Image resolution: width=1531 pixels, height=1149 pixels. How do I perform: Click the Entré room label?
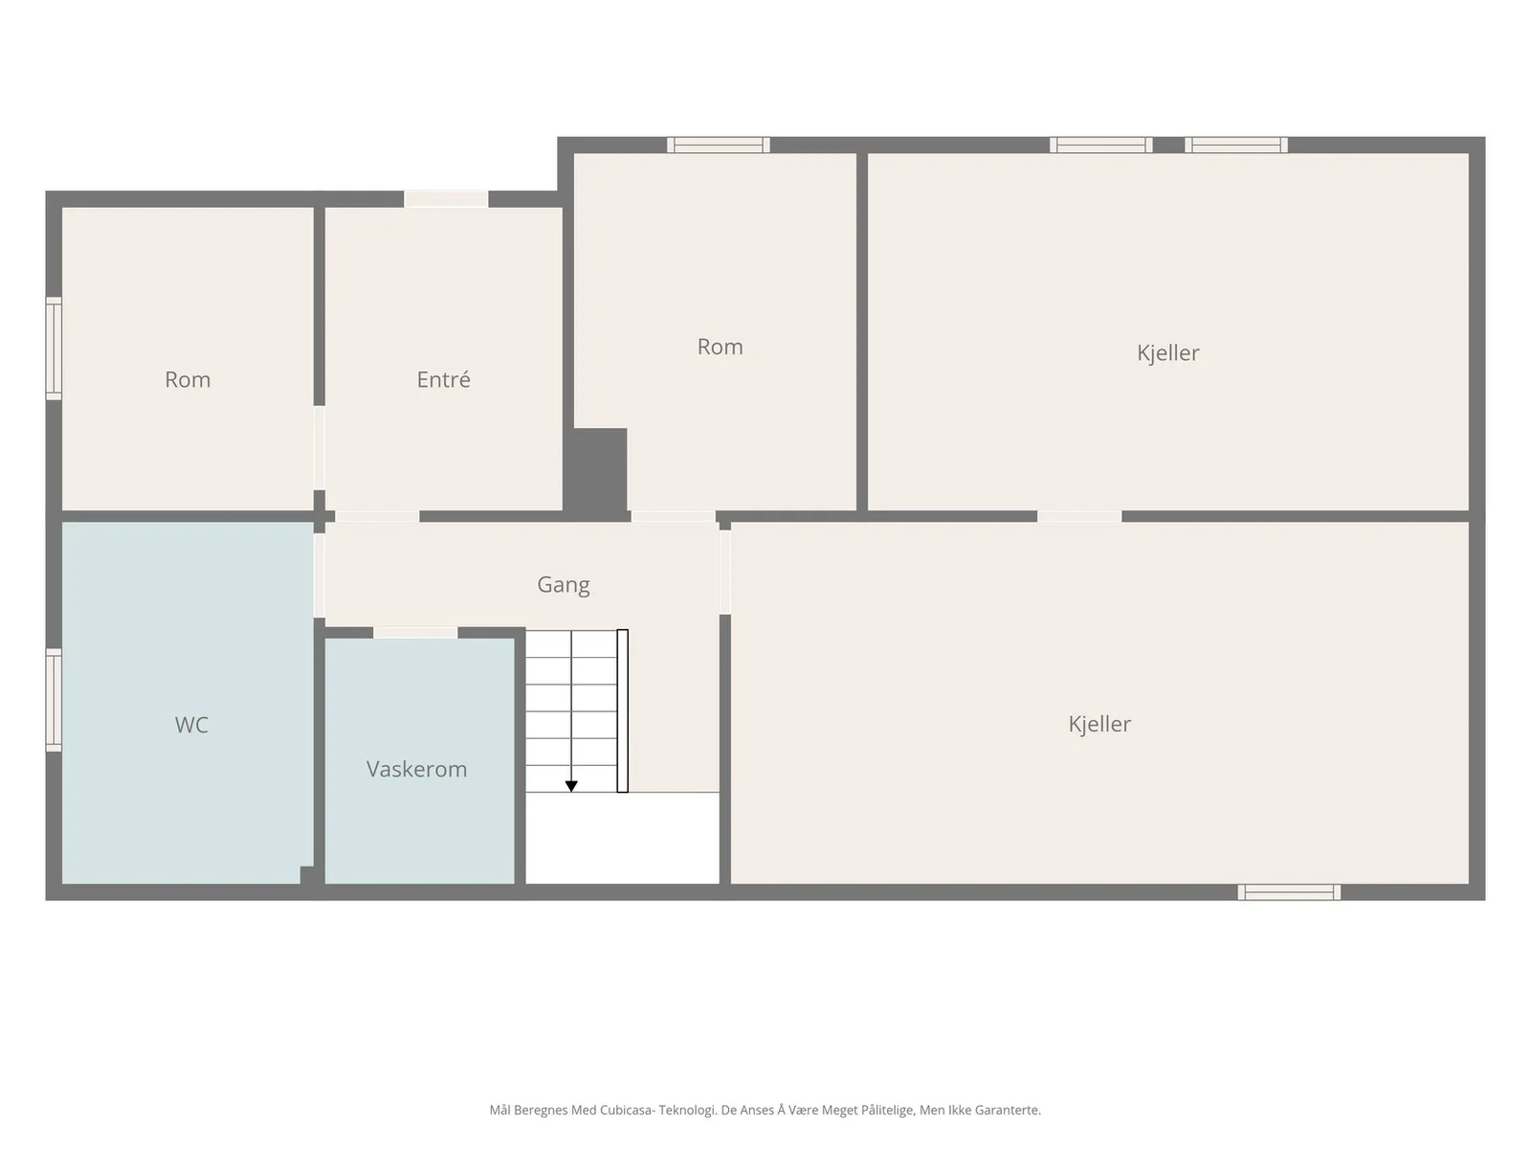(x=443, y=379)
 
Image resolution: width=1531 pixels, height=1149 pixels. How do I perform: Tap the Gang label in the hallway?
(x=563, y=585)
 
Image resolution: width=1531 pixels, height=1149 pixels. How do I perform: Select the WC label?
(x=191, y=725)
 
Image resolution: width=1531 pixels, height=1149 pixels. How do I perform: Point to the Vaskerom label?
(x=416, y=769)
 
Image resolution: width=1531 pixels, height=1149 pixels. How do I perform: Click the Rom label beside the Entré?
(x=187, y=379)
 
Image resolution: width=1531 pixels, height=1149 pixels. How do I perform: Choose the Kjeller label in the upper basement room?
(x=1167, y=353)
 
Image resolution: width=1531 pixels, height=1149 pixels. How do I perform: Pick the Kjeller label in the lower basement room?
(x=1099, y=724)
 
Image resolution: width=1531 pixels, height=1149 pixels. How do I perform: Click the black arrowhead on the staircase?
(x=571, y=786)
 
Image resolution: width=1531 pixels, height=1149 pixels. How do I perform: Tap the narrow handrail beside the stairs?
(x=622, y=710)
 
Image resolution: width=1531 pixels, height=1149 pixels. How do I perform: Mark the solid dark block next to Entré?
(x=595, y=473)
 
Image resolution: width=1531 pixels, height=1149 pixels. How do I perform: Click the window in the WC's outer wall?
(x=54, y=700)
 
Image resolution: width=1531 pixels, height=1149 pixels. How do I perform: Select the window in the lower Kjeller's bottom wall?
(x=1289, y=892)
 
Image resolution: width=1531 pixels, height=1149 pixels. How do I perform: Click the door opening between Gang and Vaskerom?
(x=415, y=633)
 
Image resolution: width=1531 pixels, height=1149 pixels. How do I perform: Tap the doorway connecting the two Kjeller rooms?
(x=1079, y=516)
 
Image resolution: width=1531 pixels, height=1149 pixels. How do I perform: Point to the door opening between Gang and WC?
(x=320, y=575)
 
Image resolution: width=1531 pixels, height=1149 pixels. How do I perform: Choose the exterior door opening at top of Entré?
(x=447, y=199)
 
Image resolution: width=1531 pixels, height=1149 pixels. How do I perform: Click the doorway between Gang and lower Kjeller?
(x=725, y=572)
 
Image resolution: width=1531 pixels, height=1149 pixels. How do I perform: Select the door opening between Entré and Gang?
(x=377, y=516)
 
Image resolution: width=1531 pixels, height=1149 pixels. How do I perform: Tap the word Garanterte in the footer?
(x=1008, y=1109)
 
